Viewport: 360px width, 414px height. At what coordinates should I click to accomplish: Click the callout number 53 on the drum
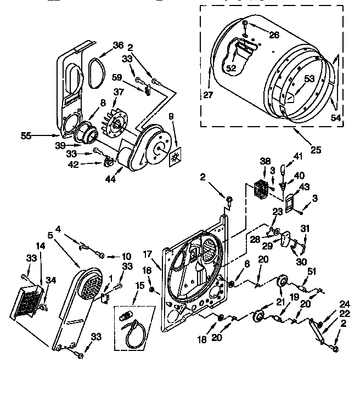pos(310,79)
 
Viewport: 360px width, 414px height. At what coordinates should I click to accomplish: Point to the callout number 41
pos(299,156)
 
